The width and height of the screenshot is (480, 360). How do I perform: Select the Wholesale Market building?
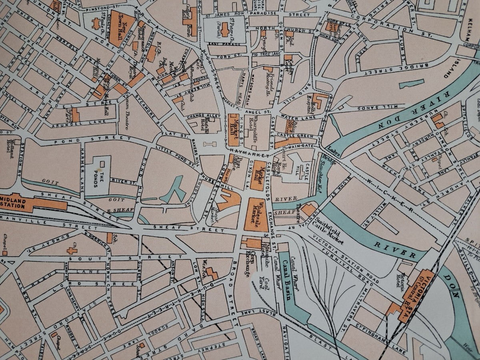pos(256,214)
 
